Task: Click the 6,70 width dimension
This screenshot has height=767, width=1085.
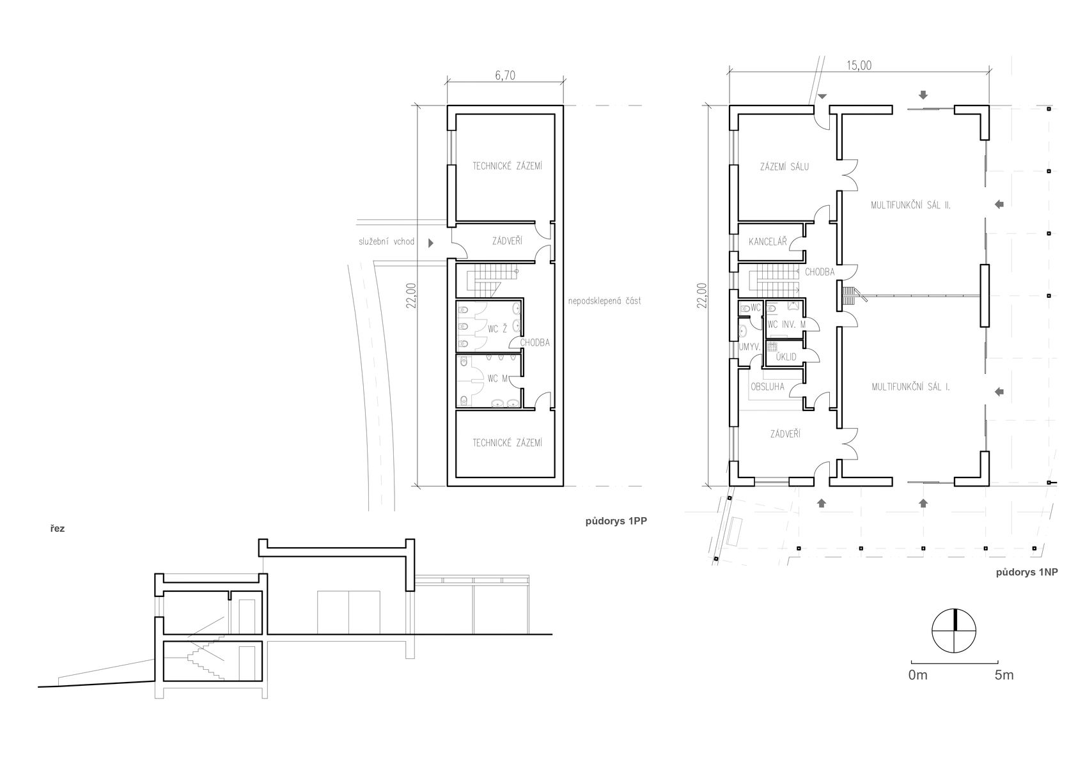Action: click(505, 75)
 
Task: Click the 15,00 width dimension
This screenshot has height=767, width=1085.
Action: click(859, 65)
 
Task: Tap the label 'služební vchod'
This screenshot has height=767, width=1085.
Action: click(387, 242)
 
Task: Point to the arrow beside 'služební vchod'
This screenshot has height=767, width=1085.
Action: click(430, 243)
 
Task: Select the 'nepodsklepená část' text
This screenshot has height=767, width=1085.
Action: click(604, 300)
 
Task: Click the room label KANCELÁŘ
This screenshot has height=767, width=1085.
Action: click(768, 242)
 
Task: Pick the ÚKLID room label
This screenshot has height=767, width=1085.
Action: click(786, 357)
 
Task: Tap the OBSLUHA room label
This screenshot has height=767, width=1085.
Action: click(767, 387)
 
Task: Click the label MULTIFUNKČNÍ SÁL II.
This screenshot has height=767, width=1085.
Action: click(910, 205)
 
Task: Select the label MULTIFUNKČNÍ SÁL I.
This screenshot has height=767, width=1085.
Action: click(910, 387)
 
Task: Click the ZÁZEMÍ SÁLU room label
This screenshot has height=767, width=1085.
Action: click(784, 167)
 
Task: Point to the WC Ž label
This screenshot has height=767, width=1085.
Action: click(497, 329)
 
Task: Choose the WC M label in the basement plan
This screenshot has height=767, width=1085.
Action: click(497, 378)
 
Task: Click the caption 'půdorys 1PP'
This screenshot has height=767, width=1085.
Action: click(616, 522)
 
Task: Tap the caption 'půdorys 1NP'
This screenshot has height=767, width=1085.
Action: click(1027, 572)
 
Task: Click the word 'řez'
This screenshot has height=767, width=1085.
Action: click(57, 529)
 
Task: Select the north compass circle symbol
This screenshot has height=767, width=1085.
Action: click(954, 630)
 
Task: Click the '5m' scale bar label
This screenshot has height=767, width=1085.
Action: click(1004, 675)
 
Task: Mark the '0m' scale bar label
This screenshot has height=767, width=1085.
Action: click(918, 675)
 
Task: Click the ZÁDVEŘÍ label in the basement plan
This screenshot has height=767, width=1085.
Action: click(507, 241)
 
